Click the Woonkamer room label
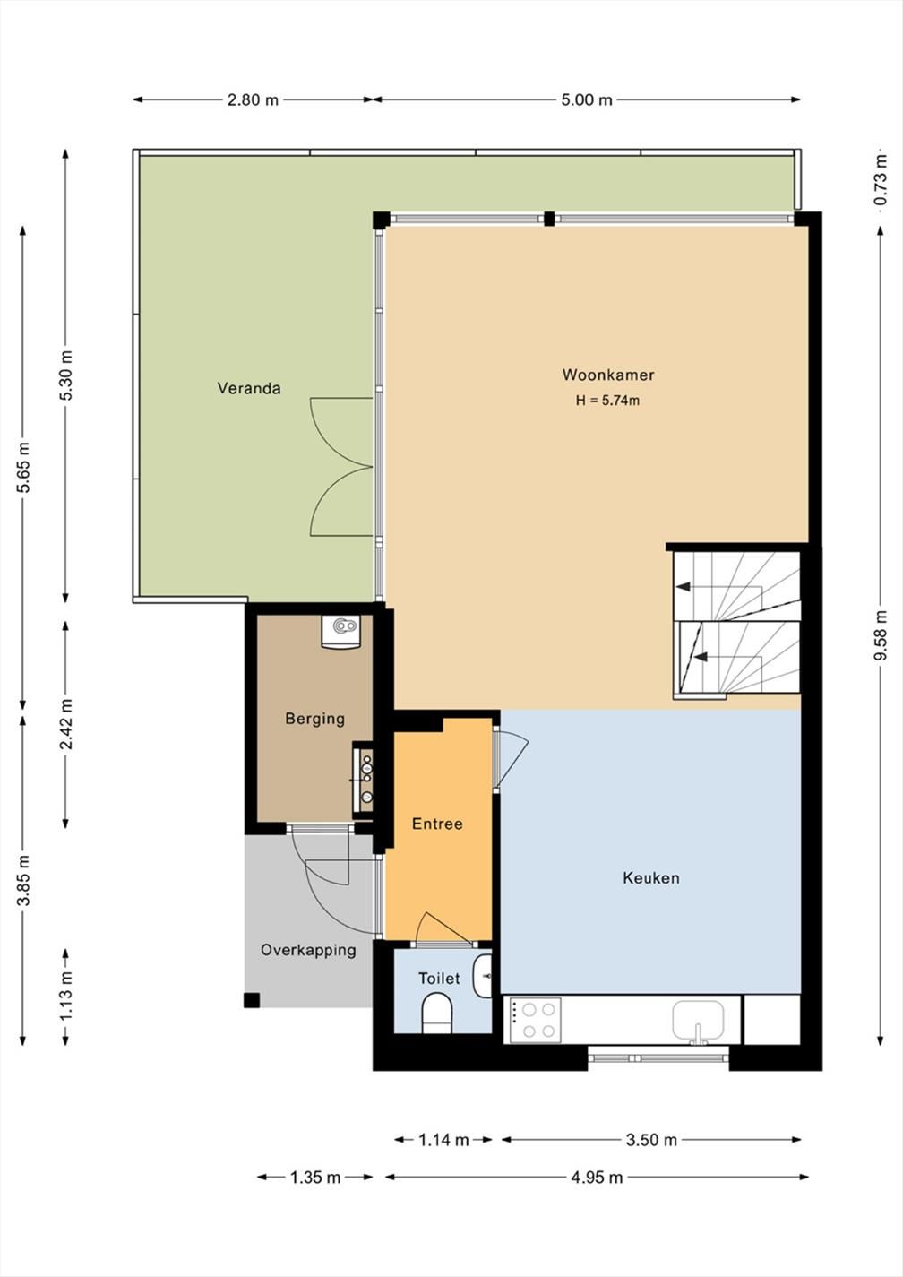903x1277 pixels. tap(608, 375)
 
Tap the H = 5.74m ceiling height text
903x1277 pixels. tap(607, 401)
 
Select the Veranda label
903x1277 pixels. tap(249, 389)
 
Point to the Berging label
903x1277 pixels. tap(315, 719)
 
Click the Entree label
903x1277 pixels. tap(437, 824)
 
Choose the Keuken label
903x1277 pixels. tap(651, 878)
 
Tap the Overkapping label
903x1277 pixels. tap(308, 950)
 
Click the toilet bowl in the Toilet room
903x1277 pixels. tap(437, 1014)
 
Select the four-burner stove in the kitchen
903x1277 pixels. tap(536, 1020)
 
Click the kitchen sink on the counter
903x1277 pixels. tap(698, 1021)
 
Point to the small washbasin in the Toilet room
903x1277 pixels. tap(484, 976)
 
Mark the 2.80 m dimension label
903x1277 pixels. tap(253, 100)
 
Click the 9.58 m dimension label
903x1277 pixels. tap(881, 635)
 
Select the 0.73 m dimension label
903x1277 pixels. tap(881, 180)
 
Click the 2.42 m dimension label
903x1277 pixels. tap(66, 724)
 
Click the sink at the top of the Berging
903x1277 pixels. tap(340, 632)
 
